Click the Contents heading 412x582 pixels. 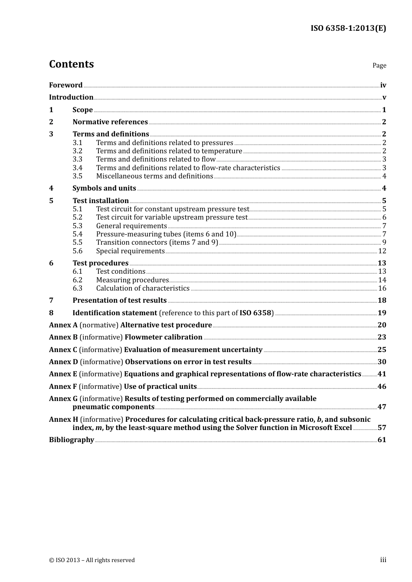coord(71,64)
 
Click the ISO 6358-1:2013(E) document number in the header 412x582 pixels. coord(348,28)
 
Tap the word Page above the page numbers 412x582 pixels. coord(379,65)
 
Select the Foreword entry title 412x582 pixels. coord(65,85)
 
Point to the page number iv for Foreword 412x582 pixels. coord(383,85)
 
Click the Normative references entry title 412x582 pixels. coord(110,122)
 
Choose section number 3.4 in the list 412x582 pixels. coord(77,168)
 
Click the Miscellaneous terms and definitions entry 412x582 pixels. coord(154,176)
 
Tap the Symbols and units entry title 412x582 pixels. coord(104,188)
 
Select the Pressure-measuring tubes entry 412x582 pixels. coord(166,234)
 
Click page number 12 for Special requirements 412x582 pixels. coord(382,251)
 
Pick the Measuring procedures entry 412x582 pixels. coord(132,280)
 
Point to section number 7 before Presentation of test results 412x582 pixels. coord(51,301)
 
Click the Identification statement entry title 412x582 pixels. coord(114,313)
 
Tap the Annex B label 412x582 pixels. coord(63,337)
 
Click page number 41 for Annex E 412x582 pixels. coord(382,374)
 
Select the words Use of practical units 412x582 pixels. coord(160,387)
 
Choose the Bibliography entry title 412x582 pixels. coord(72,440)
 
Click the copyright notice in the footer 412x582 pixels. coord(92,560)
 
